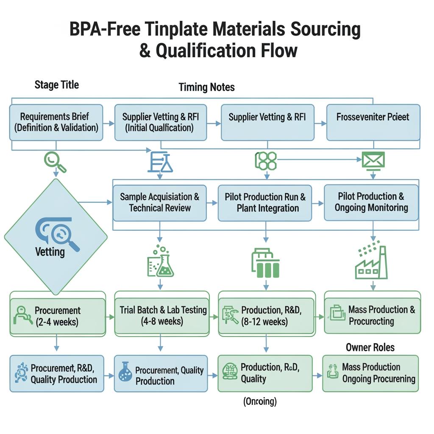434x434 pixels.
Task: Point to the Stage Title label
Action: click(x=56, y=85)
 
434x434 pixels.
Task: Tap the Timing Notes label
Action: click(x=206, y=87)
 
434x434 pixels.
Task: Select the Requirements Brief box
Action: click(x=56, y=122)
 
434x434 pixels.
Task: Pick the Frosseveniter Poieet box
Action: click(x=373, y=122)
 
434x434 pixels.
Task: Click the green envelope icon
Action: click(x=373, y=161)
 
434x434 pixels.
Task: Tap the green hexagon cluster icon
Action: click(x=266, y=161)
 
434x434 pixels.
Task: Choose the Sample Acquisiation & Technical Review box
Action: click(x=159, y=203)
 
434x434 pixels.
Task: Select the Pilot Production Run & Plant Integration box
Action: click(x=265, y=203)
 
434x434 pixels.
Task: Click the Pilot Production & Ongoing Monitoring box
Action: click(x=371, y=202)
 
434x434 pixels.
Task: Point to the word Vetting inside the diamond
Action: click(x=50, y=252)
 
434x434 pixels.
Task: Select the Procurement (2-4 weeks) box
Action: click(x=57, y=316)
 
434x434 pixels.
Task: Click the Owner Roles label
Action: click(x=370, y=348)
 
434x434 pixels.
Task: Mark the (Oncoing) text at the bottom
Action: click(x=260, y=401)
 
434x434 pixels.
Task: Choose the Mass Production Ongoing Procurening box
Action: click(x=370, y=373)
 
